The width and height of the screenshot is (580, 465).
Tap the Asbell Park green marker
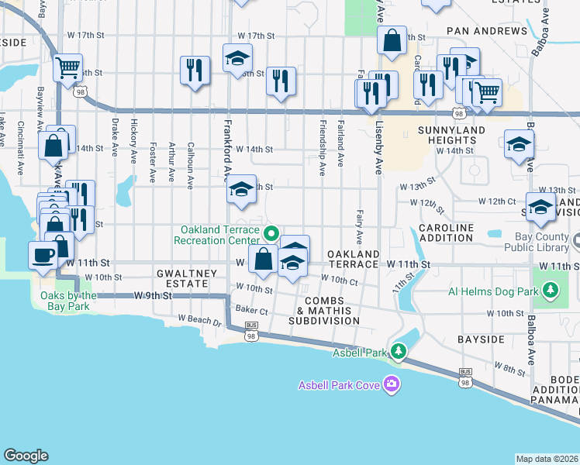click(x=399, y=353)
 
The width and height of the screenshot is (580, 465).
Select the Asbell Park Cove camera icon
click(x=392, y=384)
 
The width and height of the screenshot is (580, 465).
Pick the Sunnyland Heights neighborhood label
click(x=451, y=135)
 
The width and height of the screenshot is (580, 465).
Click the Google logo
click(x=26, y=456)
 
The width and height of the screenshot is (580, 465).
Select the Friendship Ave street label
click(x=323, y=147)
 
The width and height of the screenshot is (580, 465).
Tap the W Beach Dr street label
click(x=199, y=319)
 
